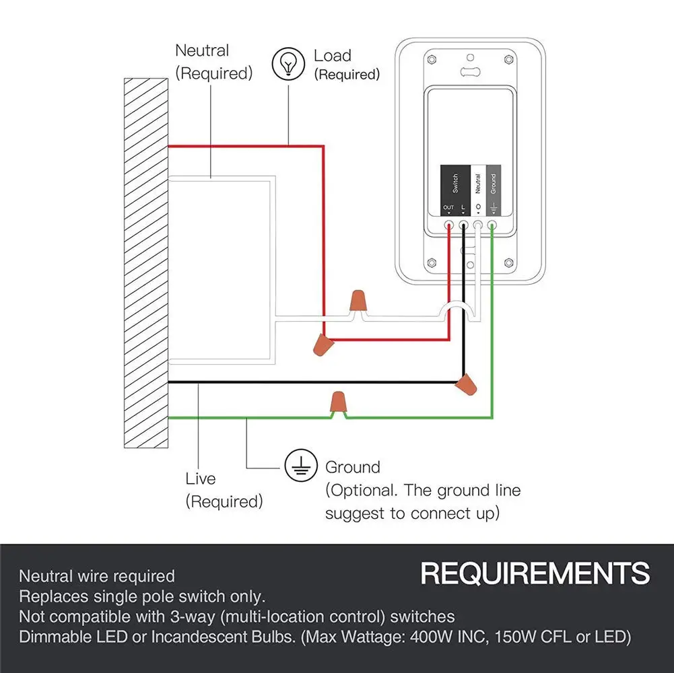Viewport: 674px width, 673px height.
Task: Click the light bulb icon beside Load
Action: (x=288, y=64)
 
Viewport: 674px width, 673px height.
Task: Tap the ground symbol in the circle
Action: (x=302, y=466)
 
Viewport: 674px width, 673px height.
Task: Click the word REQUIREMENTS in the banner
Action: (x=535, y=573)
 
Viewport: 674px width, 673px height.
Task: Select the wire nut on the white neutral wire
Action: (x=358, y=301)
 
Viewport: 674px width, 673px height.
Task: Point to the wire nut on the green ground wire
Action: (x=338, y=401)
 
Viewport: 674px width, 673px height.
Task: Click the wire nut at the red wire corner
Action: (x=323, y=345)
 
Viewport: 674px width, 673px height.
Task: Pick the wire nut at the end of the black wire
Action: (x=467, y=384)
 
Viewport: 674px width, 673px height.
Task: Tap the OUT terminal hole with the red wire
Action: (x=448, y=225)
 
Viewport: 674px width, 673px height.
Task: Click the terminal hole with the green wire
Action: (x=492, y=225)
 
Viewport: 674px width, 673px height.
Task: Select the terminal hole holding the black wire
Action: (x=463, y=225)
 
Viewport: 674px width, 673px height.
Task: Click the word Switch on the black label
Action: (x=455, y=184)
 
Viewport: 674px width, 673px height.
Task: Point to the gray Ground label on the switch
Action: (x=494, y=184)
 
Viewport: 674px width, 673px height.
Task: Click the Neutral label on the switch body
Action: (x=478, y=184)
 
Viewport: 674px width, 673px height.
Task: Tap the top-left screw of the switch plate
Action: (x=432, y=59)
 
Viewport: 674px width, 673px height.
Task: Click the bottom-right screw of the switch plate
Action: (x=509, y=262)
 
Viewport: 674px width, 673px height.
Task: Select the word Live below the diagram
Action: (x=200, y=479)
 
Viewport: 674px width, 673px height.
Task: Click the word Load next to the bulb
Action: (x=332, y=55)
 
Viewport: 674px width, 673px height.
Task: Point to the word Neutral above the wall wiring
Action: (x=202, y=50)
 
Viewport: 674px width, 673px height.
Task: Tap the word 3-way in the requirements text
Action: (x=193, y=616)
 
